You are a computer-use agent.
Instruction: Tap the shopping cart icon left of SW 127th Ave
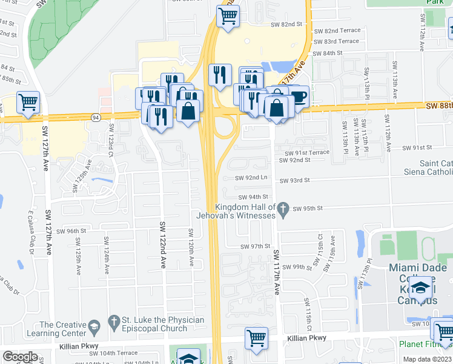pos(28,103)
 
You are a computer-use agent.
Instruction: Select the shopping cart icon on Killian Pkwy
pos(256,337)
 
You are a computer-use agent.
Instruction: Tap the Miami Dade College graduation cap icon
pos(420,288)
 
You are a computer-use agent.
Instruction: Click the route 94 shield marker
pos(96,117)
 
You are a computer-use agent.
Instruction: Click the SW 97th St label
pos(254,247)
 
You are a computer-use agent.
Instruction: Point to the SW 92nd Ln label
pos(251,178)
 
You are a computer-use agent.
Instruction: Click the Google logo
pos(20,357)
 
